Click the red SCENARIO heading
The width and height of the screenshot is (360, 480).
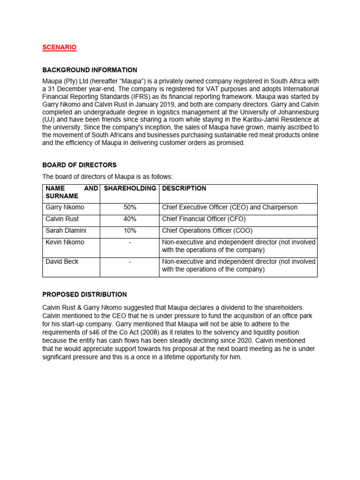click(x=60, y=47)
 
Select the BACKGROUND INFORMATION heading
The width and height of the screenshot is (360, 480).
click(x=90, y=70)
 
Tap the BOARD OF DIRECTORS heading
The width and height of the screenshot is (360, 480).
click(x=79, y=165)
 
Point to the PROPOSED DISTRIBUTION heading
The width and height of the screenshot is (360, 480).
click(x=84, y=294)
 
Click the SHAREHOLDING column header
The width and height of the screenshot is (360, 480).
click(x=130, y=188)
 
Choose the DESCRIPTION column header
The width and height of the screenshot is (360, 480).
click(x=184, y=188)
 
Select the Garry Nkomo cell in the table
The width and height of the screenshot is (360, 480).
click(x=65, y=207)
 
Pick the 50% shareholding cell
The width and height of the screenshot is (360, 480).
click(x=130, y=207)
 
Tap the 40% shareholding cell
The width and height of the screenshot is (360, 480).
click(x=130, y=219)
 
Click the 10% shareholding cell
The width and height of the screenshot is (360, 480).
click(x=130, y=231)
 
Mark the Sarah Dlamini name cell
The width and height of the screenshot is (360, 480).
click(x=66, y=231)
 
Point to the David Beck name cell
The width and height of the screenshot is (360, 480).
click(x=61, y=262)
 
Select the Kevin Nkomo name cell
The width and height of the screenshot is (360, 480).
click(x=65, y=242)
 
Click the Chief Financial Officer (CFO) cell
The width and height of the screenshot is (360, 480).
click(x=204, y=219)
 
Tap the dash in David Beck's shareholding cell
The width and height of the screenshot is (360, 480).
click(x=130, y=262)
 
